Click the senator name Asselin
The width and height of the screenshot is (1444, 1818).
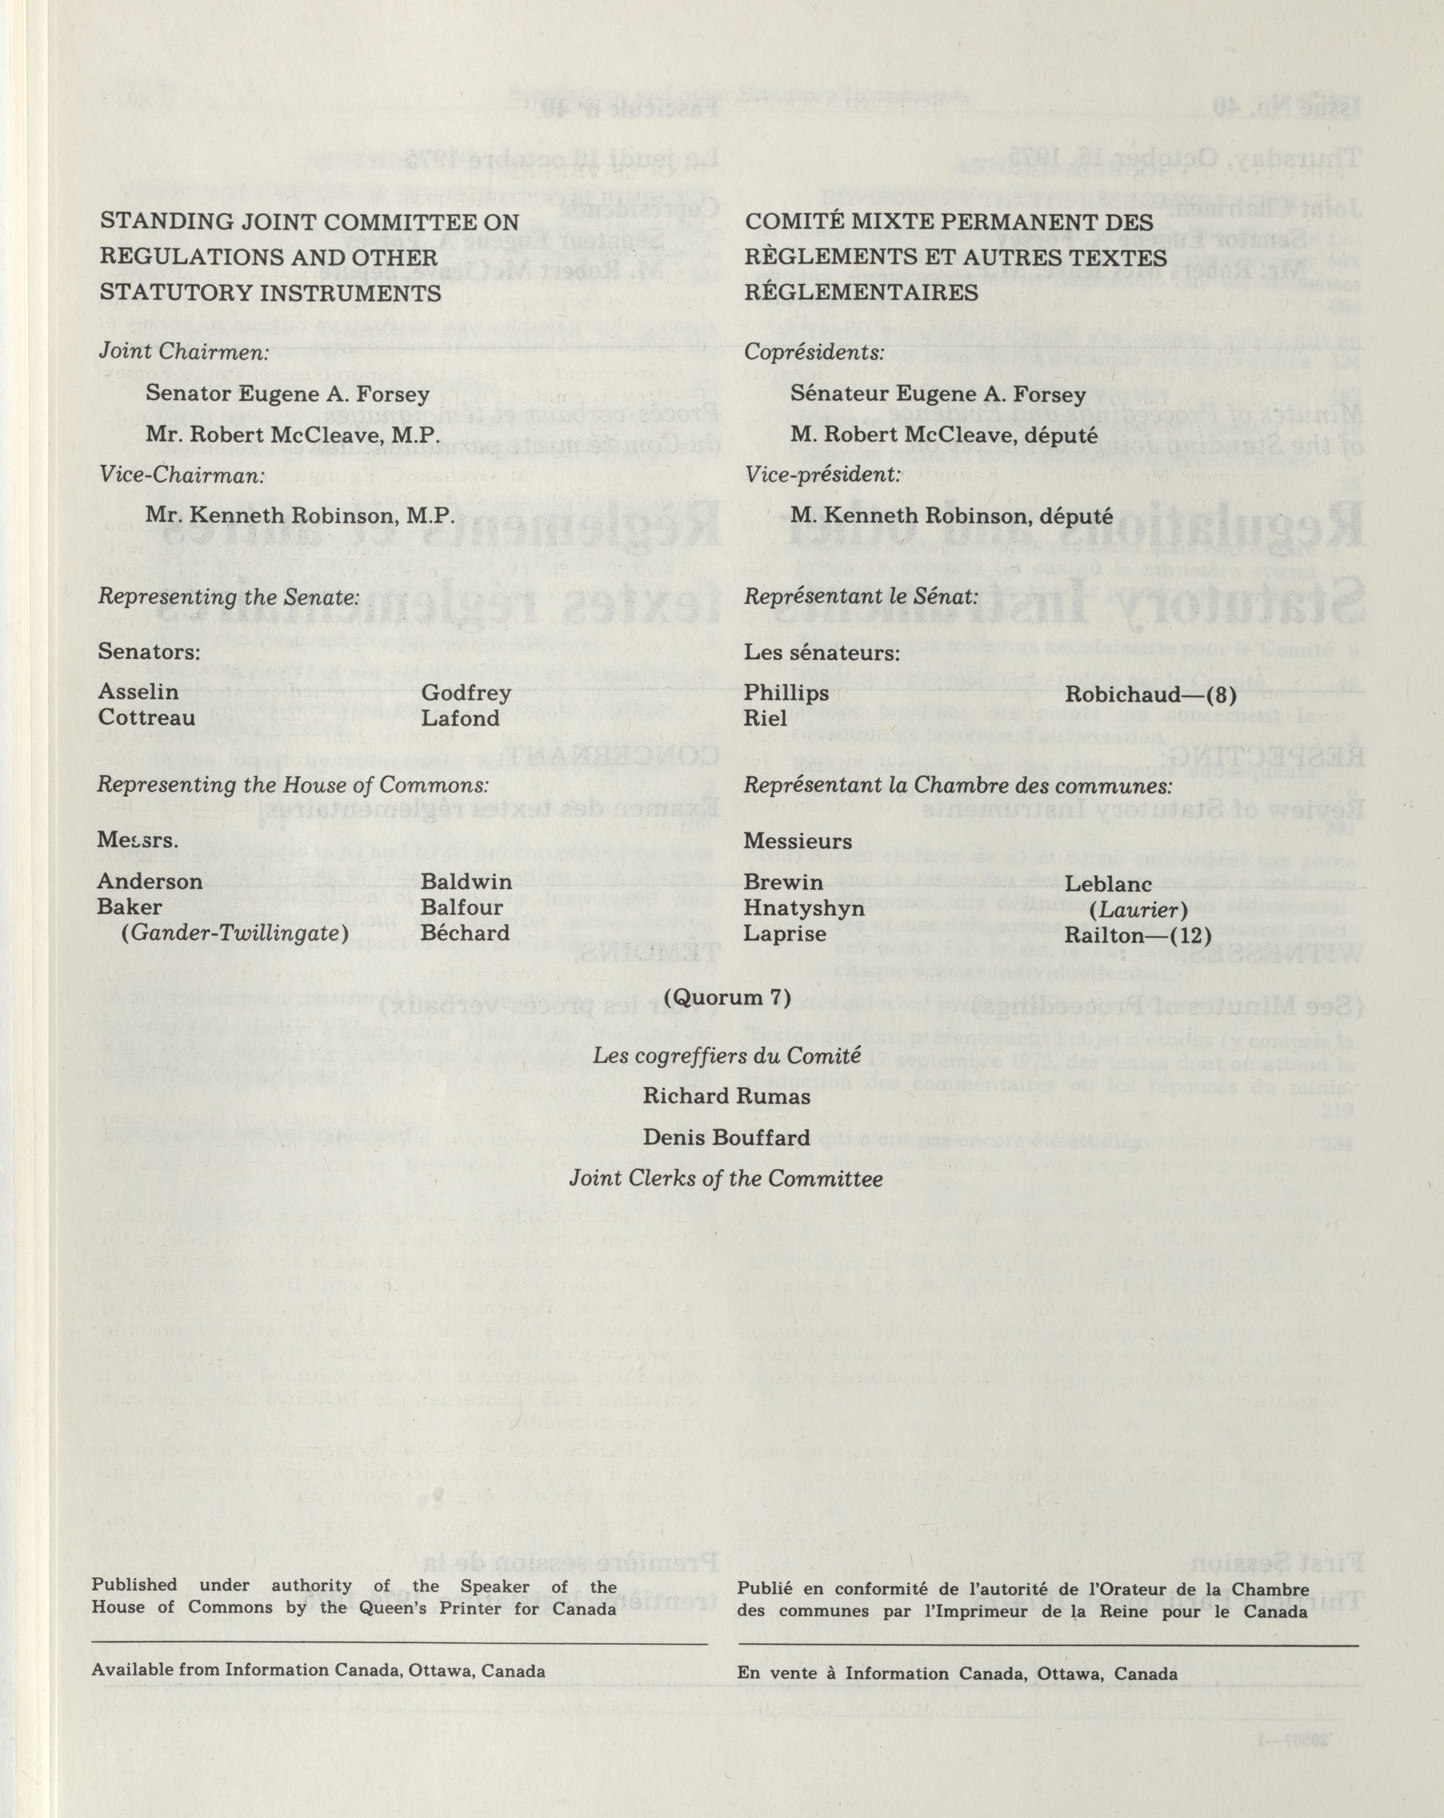click(x=138, y=692)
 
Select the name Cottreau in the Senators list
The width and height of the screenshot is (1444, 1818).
click(x=147, y=718)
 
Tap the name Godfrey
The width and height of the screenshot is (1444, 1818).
click(x=466, y=693)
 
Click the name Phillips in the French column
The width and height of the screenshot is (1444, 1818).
click(x=786, y=693)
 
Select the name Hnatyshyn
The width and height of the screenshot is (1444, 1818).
click(x=804, y=908)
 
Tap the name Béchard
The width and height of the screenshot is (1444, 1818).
click(x=466, y=933)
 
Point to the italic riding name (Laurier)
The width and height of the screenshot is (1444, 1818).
click(x=1139, y=911)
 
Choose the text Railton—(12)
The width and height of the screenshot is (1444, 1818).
click(x=1138, y=935)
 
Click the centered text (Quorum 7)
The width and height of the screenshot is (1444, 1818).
click(x=727, y=998)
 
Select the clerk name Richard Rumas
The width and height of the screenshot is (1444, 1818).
click(x=726, y=1097)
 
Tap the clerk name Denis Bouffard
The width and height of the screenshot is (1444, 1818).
click(x=726, y=1138)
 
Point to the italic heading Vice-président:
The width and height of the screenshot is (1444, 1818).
click(x=822, y=475)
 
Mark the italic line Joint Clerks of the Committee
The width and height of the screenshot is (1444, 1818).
click(x=726, y=1179)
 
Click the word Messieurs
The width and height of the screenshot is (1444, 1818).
click(x=798, y=842)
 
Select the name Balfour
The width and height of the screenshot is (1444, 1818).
click(x=462, y=908)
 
